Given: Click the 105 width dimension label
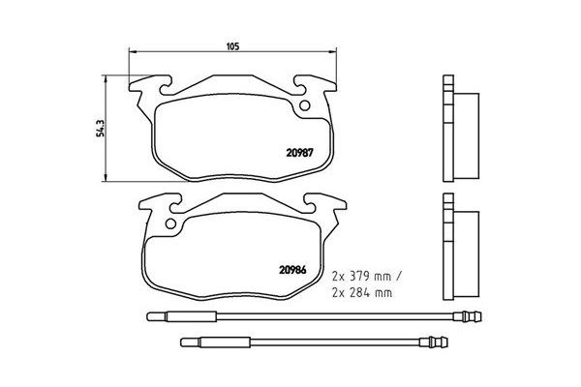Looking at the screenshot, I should [231, 45].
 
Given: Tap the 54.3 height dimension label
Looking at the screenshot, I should [99, 128].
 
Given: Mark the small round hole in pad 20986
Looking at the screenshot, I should [173, 228].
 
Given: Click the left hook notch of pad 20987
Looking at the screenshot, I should [145, 84].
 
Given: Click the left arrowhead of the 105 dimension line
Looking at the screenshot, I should [133, 52].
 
